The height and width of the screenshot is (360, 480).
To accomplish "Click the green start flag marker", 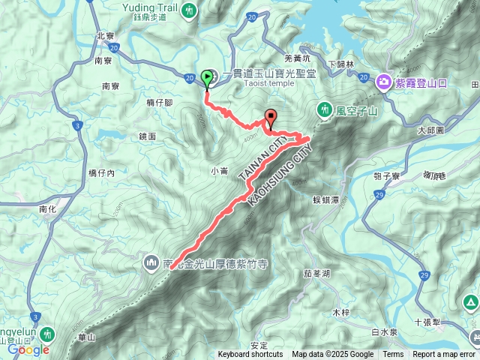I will [206, 77].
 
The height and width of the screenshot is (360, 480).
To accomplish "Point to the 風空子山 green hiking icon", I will [325, 109].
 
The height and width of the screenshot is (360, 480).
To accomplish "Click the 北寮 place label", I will [105, 35].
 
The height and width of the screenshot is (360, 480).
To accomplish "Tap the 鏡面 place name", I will [147, 136].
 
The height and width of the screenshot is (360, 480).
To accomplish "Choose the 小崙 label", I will [219, 170].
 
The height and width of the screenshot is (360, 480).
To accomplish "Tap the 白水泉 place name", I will [383, 331].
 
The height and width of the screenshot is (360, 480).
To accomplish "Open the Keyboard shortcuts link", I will [250, 355].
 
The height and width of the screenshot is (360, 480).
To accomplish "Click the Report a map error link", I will [445, 355].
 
